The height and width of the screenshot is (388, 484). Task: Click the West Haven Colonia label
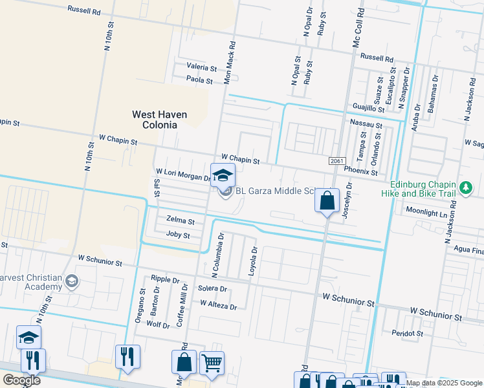pyautogui.click(x=159, y=120)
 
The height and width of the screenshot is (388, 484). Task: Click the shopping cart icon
pyautogui.click(x=212, y=363)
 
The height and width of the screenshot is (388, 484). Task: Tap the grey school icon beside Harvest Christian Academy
pyautogui.click(x=72, y=281)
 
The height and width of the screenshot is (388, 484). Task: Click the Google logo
pyautogui.click(x=21, y=380)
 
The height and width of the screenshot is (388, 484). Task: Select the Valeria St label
pyautogui.click(x=201, y=67)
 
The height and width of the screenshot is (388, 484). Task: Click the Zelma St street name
pyautogui.click(x=180, y=220)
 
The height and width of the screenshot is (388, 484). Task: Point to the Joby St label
pyautogui.click(x=178, y=235)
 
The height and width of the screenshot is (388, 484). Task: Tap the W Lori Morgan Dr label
pyautogui.click(x=183, y=174)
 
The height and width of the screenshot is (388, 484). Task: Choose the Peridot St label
pyautogui.click(x=407, y=334)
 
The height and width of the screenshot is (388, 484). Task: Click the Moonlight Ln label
pyautogui.click(x=426, y=212)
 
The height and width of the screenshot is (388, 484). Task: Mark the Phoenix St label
pyautogui.click(x=360, y=172)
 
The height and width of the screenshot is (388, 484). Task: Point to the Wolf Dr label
pyautogui.click(x=157, y=325)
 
